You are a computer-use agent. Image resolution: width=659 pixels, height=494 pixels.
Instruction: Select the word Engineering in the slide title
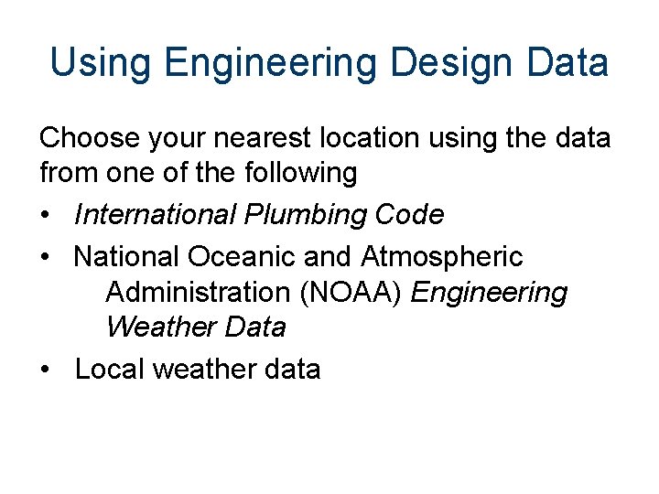270,63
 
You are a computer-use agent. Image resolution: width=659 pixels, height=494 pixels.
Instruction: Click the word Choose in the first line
88,138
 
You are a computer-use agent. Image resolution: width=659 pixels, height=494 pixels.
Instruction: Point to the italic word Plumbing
305,215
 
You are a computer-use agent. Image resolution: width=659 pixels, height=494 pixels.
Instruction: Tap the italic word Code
409,215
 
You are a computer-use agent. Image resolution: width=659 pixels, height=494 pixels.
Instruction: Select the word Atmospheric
442,257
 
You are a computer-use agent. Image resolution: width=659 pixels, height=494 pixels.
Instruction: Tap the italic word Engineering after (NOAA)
490,293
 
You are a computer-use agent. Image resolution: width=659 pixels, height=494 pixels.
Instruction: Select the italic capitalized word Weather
158,327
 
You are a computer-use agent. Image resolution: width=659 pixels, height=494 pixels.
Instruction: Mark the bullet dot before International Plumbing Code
46,216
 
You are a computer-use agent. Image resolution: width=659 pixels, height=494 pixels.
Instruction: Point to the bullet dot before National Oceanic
46,258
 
